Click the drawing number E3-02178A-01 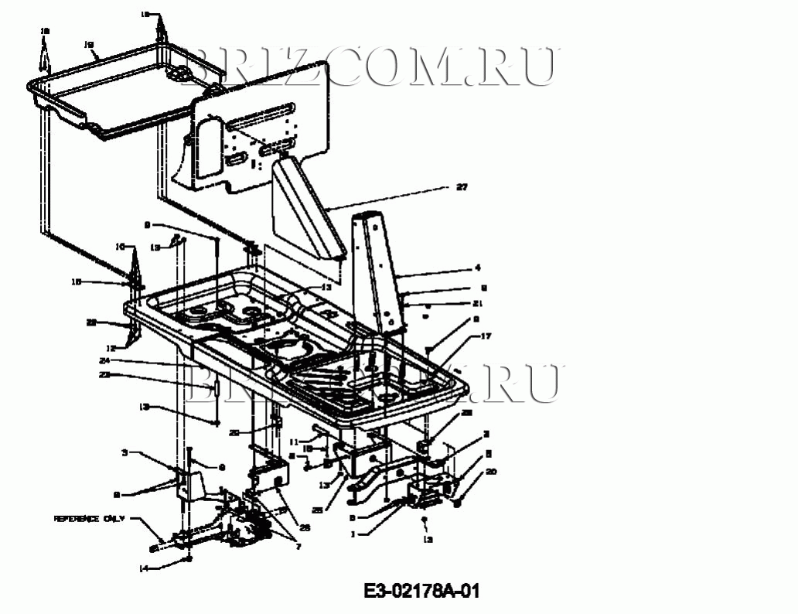pos(422,592)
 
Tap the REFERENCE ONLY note pos(88,519)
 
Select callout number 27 pos(462,187)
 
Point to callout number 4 pos(478,268)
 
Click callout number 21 pos(478,302)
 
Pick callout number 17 pos(486,336)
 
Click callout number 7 pos(297,547)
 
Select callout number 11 pos(294,442)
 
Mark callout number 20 pos(491,472)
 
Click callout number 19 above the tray pos(88,45)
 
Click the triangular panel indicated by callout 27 pos(305,205)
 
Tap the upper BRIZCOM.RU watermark pos(371,66)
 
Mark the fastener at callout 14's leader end pos(187,558)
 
